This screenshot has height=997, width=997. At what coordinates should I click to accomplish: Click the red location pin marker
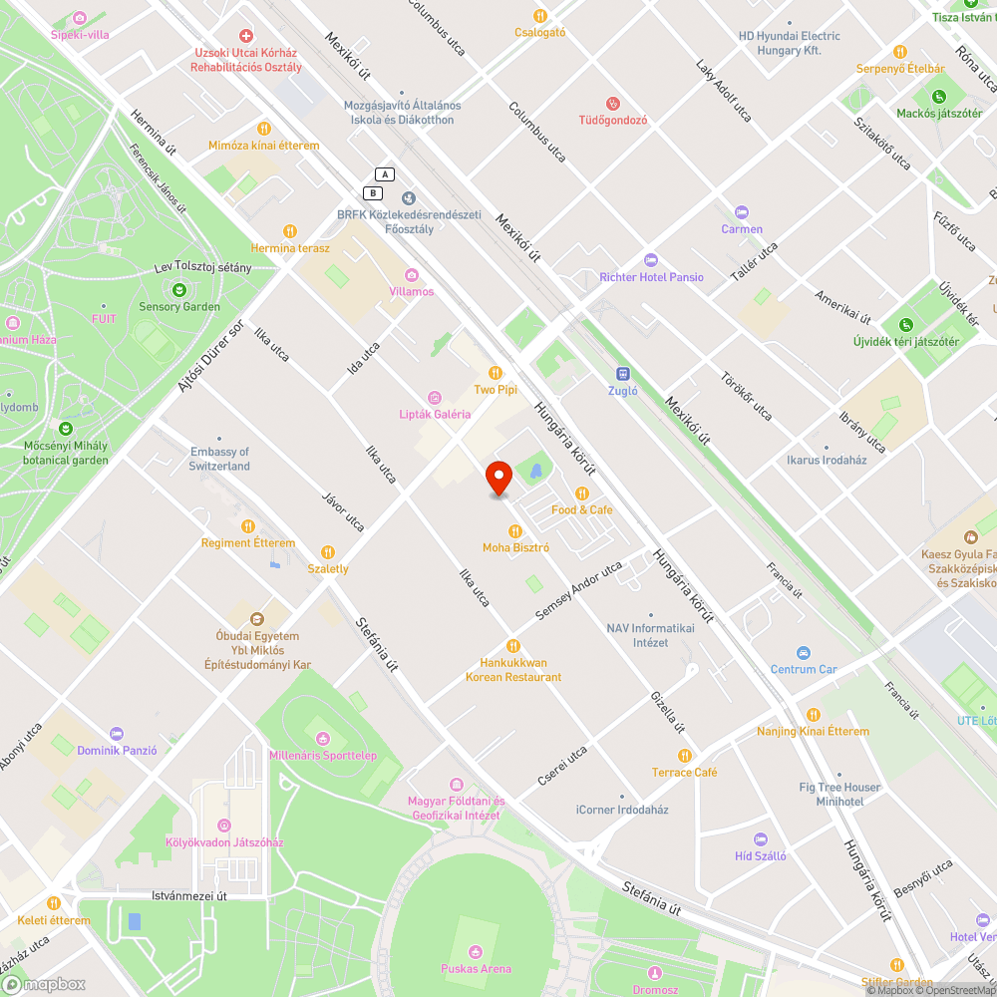click(498, 479)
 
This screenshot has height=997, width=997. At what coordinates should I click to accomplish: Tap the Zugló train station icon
click(623, 374)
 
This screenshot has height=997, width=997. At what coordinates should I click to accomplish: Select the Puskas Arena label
click(477, 968)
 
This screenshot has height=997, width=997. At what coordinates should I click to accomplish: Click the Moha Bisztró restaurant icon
click(515, 530)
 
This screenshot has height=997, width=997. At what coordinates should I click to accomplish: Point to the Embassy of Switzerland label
click(219, 459)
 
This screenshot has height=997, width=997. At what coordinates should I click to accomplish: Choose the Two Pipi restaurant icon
click(495, 372)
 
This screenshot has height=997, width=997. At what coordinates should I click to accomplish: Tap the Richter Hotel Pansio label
click(651, 277)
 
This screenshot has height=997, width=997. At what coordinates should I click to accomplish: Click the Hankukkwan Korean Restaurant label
click(513, 670)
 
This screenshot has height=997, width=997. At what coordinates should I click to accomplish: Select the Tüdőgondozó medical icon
click(613, 103)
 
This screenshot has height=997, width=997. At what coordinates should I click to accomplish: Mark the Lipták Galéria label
click(435, 414)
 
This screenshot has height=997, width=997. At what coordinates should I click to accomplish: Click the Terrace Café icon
click(684, 756)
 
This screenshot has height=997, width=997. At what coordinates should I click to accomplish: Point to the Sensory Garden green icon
click(179, 290)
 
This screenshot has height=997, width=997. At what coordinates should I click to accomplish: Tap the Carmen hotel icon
click(742, 212)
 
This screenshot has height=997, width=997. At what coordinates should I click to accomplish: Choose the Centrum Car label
click(804, 669)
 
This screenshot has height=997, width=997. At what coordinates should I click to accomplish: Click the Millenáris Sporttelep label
click(323, 755)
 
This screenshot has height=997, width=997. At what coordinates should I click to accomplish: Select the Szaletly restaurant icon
click(328, 552)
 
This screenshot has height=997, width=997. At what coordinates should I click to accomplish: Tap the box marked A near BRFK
click(385, 174)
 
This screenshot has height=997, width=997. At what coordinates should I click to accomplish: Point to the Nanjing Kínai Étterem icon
click(813, 714)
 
